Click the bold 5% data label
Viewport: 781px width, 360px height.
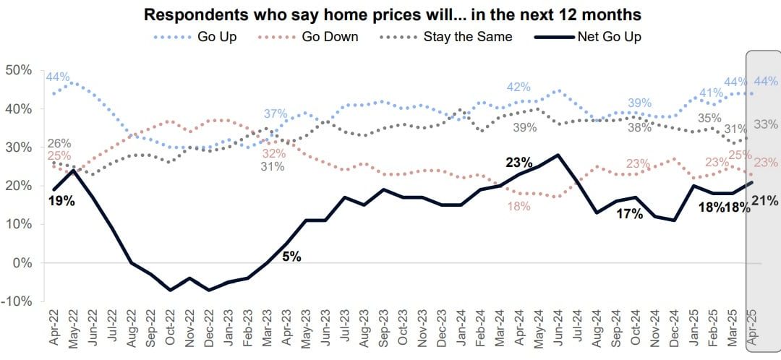292,256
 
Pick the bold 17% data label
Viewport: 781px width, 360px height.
628,213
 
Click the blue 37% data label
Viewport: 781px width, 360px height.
276,113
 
